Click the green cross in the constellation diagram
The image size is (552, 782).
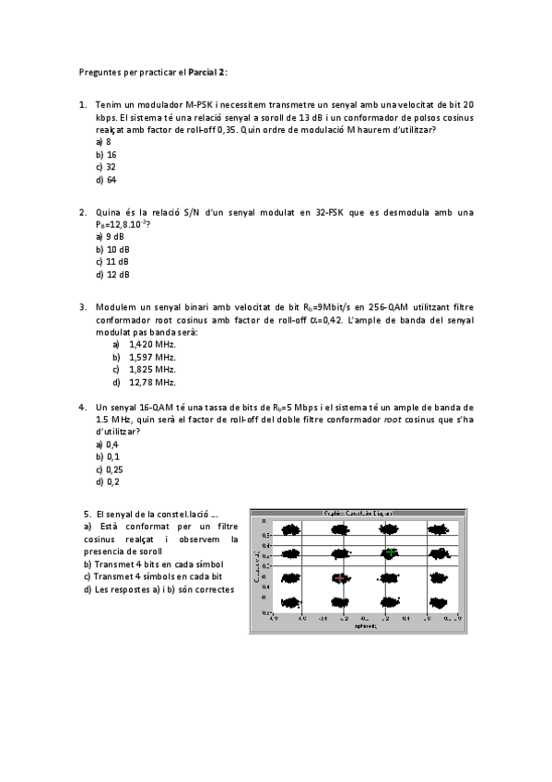tap(391, 552)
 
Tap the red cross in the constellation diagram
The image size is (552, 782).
tap(341, 578)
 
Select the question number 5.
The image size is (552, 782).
tap(87, 513)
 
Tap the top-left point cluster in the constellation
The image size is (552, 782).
tap(291, 530)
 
